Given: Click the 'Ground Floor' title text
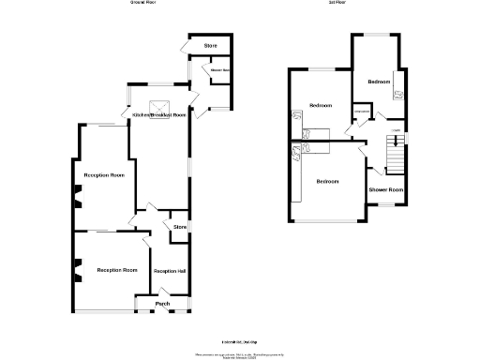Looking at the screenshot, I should click(x=142, y=4).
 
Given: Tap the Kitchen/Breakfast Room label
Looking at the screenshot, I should click(x=158, y=114).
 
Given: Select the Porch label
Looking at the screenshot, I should click(x=162, y=304).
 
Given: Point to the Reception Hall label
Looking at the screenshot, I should click(x=170, y=271).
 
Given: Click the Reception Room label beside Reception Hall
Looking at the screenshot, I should click(x=116, y=270).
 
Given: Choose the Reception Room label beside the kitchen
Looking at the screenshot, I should click(x=104, y=175).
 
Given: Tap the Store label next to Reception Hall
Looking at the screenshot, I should click(x=180, y=227).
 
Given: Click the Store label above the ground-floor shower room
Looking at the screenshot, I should click(x=212, y=46).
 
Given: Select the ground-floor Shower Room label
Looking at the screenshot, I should click(x=220, y=71).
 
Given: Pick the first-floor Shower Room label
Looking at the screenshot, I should click(x=385, y=190).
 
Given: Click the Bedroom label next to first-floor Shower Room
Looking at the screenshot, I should click(x=327, y=181).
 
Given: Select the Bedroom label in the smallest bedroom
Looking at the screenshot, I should click(x=379, y=82).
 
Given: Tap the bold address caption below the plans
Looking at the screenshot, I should click(x=239, y=344).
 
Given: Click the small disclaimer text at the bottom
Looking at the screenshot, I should click(x=239, y=353).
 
